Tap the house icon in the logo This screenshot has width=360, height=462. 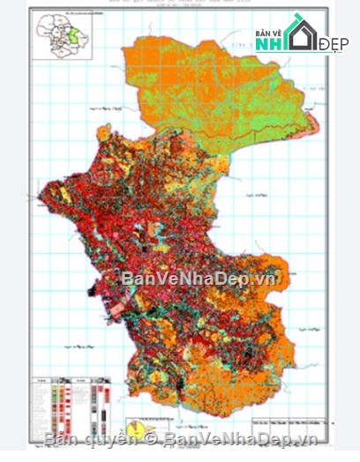click(x=300, y=34)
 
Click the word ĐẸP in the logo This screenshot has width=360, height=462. click(x=332, y=43)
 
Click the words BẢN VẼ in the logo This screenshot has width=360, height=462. click(x=268, y=33)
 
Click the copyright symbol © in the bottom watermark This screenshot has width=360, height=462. click(x=151, y=438)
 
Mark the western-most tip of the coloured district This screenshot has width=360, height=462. click(x=41, y=188)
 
